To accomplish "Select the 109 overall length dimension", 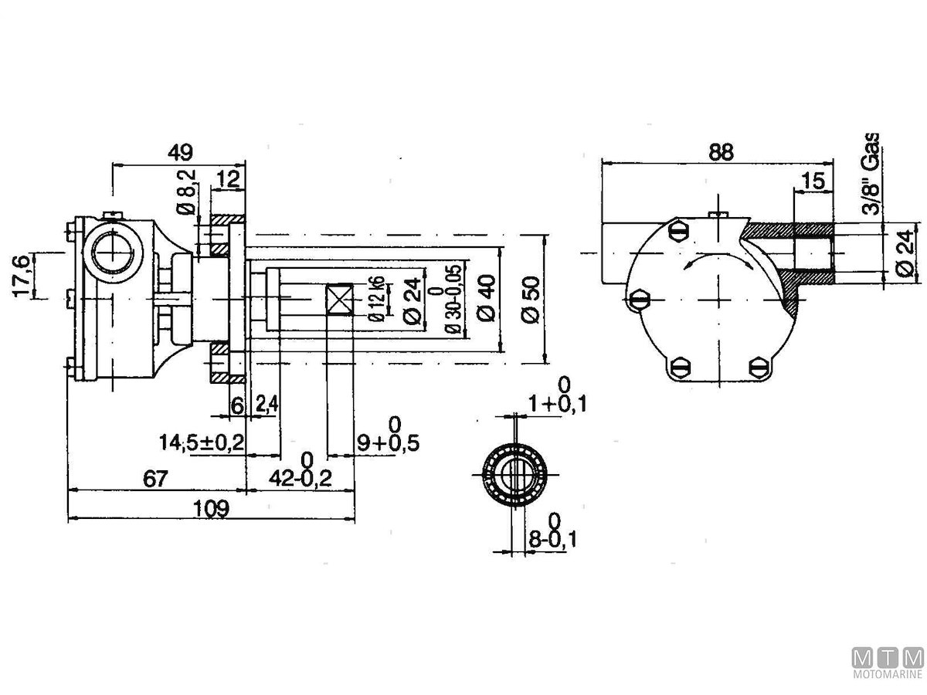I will pos(210,508).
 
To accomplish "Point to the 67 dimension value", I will pos(155,478).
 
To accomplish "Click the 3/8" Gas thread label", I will pos(872,174).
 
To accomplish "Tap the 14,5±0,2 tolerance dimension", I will pos(202,442).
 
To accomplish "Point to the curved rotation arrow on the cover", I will pos(718,258).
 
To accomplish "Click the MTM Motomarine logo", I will pos(887,664).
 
